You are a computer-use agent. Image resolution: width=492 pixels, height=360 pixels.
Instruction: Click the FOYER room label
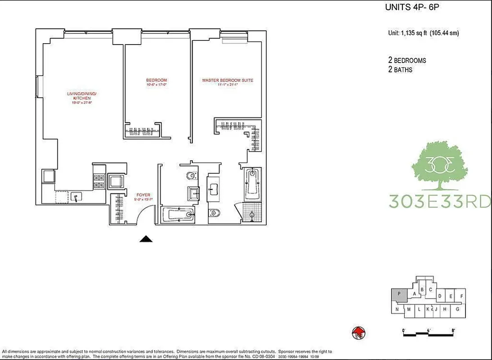(143, 195)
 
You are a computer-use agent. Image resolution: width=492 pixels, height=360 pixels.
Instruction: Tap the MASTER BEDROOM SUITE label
(228, 81)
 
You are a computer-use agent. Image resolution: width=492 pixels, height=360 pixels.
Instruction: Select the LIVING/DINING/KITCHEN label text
(82, 95)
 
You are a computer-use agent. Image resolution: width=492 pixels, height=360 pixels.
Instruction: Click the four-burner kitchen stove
(99, 182)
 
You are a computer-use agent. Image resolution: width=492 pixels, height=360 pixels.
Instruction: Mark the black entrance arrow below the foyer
(145, 239)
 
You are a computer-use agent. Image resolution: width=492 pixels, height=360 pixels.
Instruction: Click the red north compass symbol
(358, 333)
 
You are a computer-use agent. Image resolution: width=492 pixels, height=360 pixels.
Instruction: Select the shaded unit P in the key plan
(398, 295)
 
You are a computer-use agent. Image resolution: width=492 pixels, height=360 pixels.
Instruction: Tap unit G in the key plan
(457, 309)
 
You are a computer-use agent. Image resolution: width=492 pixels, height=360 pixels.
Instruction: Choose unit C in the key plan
(430, 289)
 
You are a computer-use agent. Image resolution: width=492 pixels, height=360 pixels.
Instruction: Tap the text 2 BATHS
(400, 70)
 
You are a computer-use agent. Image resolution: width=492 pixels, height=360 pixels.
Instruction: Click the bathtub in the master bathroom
(252, 184)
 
